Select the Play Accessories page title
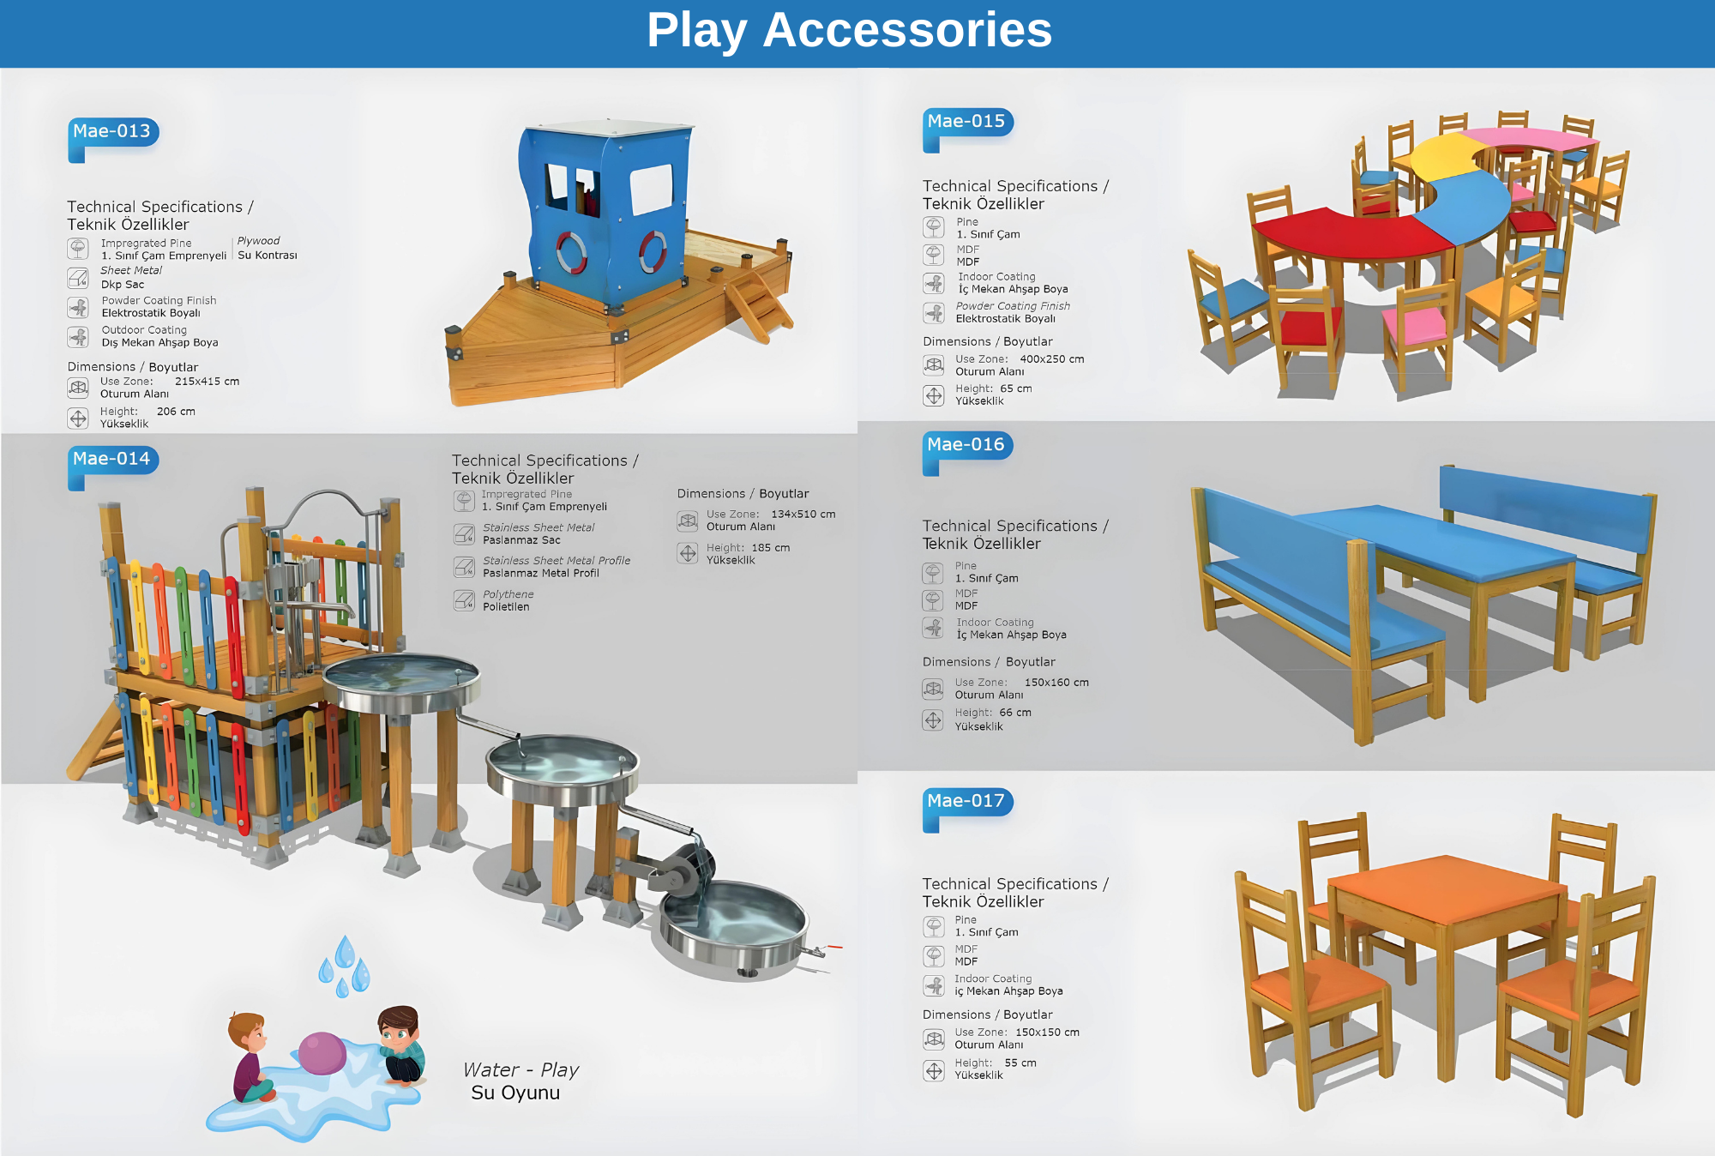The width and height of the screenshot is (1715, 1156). (849, 30)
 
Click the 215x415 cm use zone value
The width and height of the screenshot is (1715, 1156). (207, 382)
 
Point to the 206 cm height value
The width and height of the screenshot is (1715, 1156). (176, 412)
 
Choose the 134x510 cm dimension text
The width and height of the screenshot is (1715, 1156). (803, 515)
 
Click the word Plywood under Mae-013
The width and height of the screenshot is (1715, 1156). (258, 241)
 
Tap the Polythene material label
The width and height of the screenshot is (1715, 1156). (508, 594)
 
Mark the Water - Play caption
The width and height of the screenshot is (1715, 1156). (521, 1070)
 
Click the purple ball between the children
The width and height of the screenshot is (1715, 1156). (322, 1052)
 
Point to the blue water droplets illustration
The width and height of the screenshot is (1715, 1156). (344, 966)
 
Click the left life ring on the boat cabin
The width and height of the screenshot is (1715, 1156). (571, 252)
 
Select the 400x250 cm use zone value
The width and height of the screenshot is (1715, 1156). (1051, 359)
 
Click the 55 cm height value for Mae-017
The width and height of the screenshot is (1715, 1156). (1020, 1063)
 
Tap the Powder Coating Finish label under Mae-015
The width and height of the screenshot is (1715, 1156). (1013, 306)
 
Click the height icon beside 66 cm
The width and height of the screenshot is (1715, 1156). (933, 719)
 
